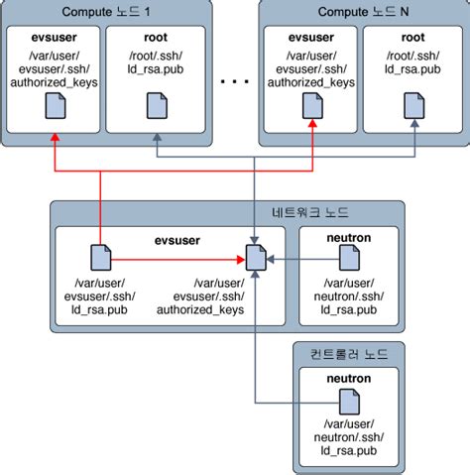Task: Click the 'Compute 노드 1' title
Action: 106,12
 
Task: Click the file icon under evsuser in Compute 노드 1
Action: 52,110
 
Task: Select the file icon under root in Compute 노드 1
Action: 156,104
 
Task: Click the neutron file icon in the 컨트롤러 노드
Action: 348,403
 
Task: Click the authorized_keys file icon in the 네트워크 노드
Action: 255,260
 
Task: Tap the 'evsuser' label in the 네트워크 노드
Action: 178,238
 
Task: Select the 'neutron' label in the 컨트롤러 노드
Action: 348,379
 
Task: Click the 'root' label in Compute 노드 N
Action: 414,38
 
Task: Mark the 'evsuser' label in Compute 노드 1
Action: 52,38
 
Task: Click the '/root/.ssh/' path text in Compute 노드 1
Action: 156,57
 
